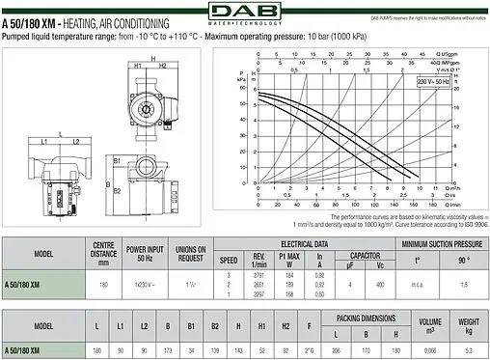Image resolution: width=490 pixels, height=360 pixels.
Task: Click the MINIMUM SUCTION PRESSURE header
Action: (x=441, y=245)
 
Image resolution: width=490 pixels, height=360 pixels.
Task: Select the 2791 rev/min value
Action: (x=259, y=276)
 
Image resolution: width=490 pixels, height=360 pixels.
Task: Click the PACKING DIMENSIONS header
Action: (x=361, y=317)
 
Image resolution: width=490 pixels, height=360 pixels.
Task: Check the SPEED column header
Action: (x=229, y=259)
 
